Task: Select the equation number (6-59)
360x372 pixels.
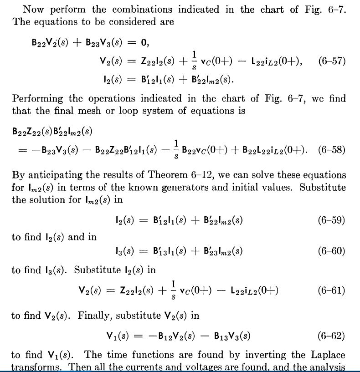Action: click(331, 221)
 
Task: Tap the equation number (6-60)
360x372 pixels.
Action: click(331, 251)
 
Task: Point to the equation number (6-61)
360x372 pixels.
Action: click(331, 290)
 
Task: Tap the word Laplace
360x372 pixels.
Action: click(328, 355)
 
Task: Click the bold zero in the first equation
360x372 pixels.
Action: click(145, 43)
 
